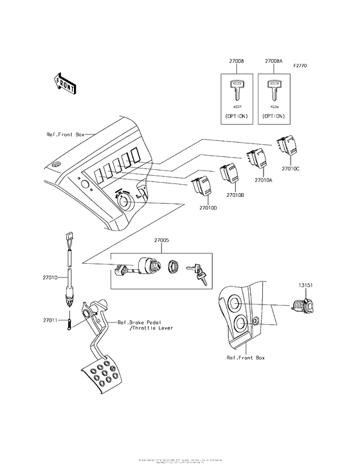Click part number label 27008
[x=236, y=62]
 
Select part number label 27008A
[x=273, y=62]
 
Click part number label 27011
[x=51, y=320]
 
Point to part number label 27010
[x=51, y=277]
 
